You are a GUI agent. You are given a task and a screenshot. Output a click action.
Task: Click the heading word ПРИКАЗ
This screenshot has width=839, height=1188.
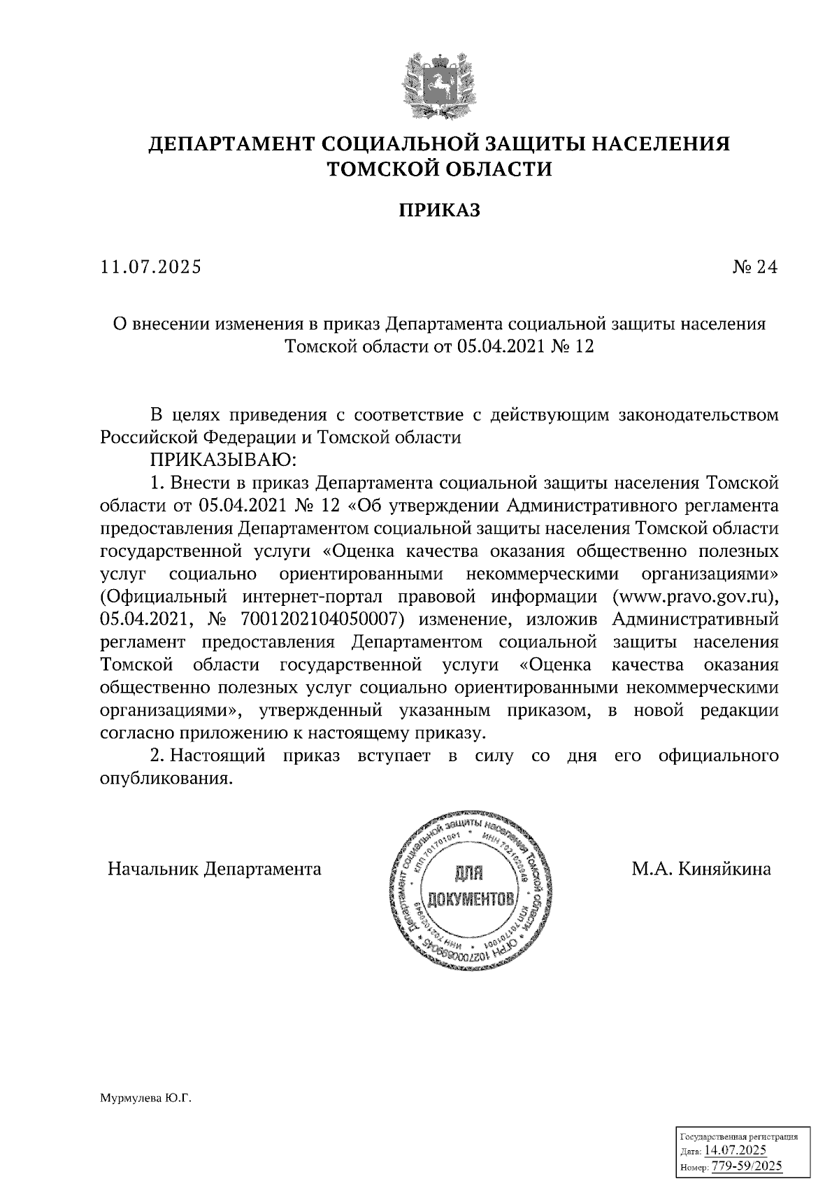click(x=439, y=210)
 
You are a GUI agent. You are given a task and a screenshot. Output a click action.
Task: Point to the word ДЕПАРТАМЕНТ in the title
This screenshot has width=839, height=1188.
click(x=231, y=144)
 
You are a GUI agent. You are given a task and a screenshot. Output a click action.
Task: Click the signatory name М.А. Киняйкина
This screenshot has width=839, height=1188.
click(x=701, y=869)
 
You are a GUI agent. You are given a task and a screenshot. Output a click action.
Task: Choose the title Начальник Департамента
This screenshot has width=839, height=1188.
click(x=215, y=869)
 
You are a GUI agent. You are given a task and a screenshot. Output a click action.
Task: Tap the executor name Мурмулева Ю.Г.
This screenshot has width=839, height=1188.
click(x=145, y=1099)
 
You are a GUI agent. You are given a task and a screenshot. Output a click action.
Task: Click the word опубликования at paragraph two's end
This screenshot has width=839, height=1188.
click(x=165, y=778)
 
